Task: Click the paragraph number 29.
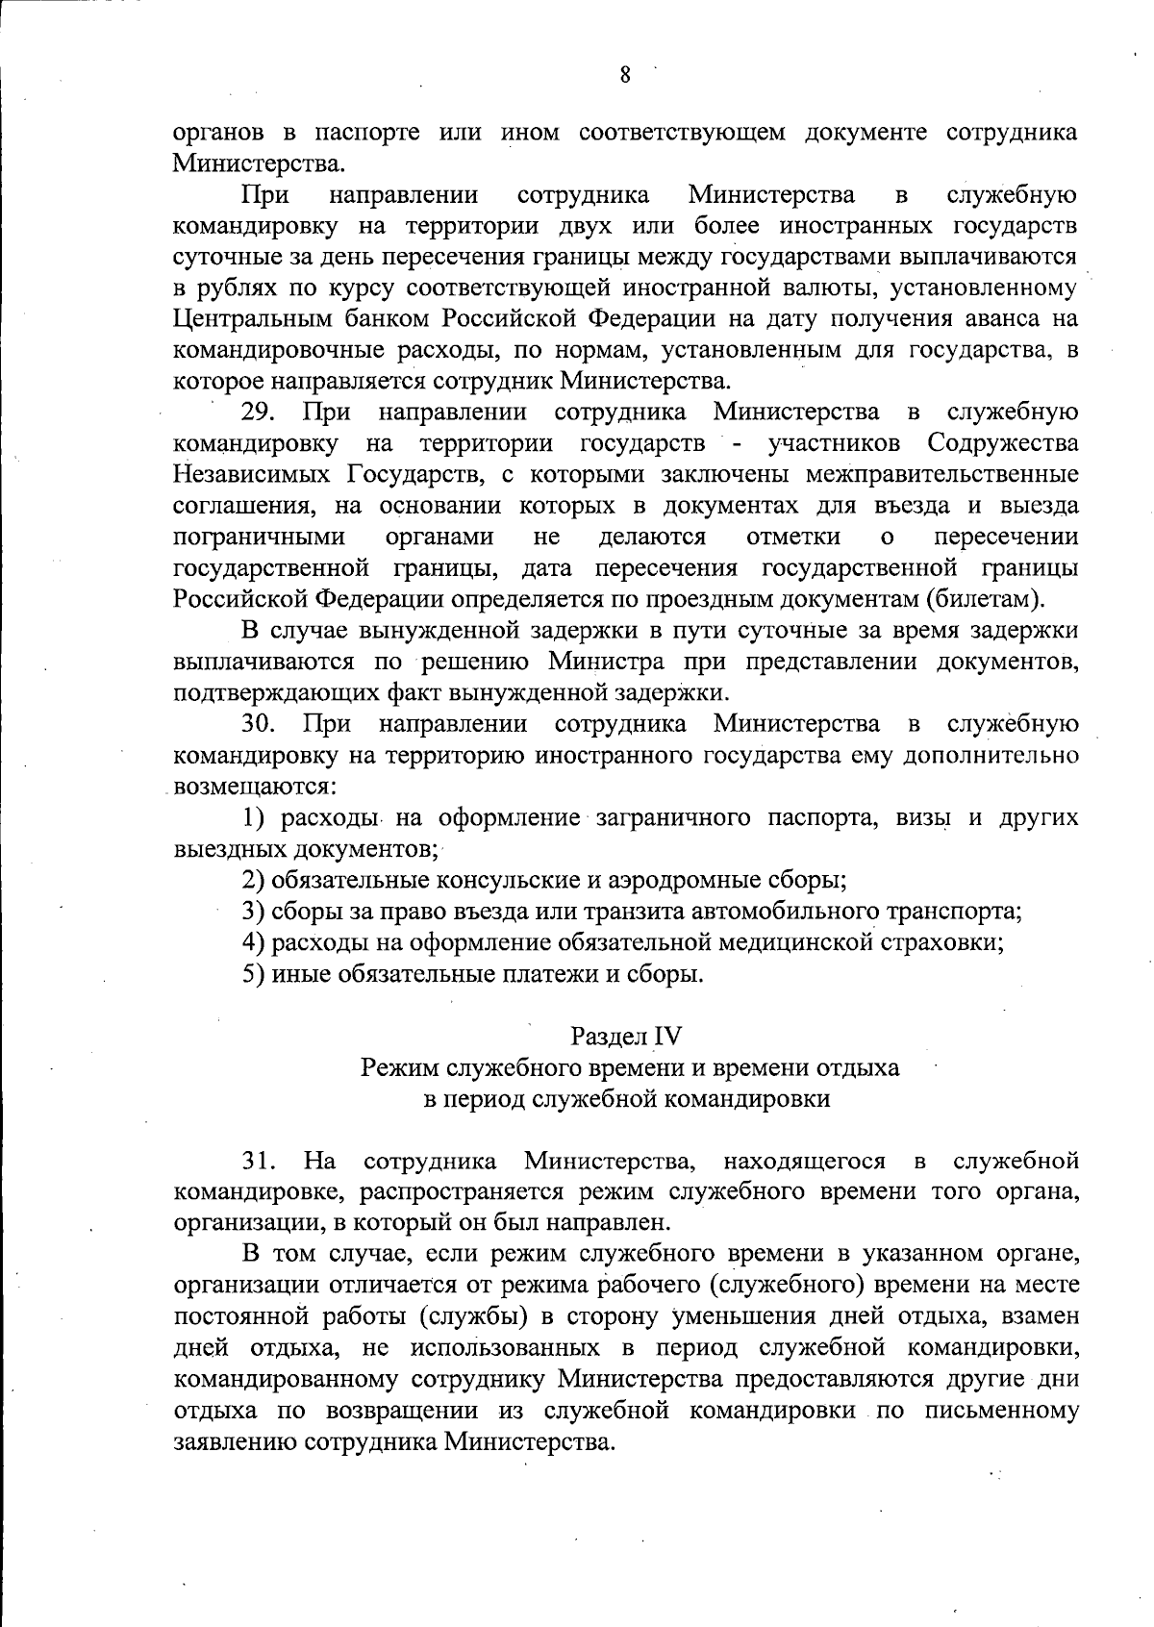[x=260, y=413]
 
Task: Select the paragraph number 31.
[x=260, y=1161]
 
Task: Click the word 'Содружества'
[x=1003, y=444]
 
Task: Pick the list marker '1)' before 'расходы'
[x=254, y=818]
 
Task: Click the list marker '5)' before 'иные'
[x=254, y=974]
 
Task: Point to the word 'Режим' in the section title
[x=393, y=1067]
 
